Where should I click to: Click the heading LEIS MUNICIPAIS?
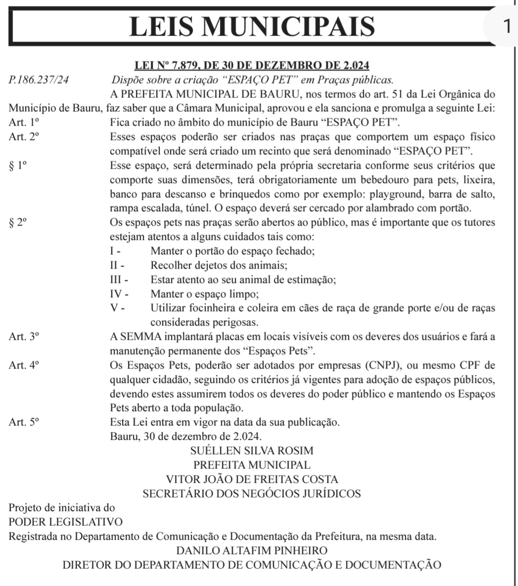tap(252, 26)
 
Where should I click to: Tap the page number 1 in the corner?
tap(505, 25)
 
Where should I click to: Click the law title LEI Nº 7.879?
tap(252, 66)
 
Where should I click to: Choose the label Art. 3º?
tap(24, 337)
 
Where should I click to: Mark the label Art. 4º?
tap(24, 366)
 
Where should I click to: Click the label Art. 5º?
tap(24, 423)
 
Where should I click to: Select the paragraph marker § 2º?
tap(18, 223)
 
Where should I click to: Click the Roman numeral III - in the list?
tap(119, 280)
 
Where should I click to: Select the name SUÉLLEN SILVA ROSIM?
tap(252, 451)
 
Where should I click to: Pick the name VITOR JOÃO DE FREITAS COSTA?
tap(252, 480)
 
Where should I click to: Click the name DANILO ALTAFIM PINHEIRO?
tap(252, 550)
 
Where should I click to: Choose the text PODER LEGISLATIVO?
tap(65, 522)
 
